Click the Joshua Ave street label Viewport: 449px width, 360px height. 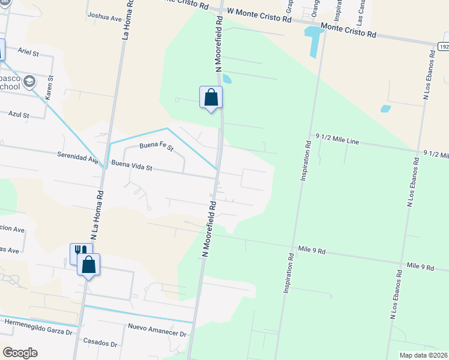pos(104,16)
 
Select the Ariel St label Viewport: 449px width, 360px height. pos(28,53)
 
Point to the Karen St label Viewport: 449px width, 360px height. pos(50,87)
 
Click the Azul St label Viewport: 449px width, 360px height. pos(19,114)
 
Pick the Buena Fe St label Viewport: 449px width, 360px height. pos(156,146)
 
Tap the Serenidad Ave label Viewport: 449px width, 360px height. pos(77,158)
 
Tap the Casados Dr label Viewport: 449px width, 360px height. pos(100,344)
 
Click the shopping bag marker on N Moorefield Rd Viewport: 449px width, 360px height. pos(211,98)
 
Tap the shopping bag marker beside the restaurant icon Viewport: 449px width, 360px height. pos(88,264)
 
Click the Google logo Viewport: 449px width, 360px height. pos(20,353)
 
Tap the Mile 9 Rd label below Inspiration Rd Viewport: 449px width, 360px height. pos(312,248)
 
